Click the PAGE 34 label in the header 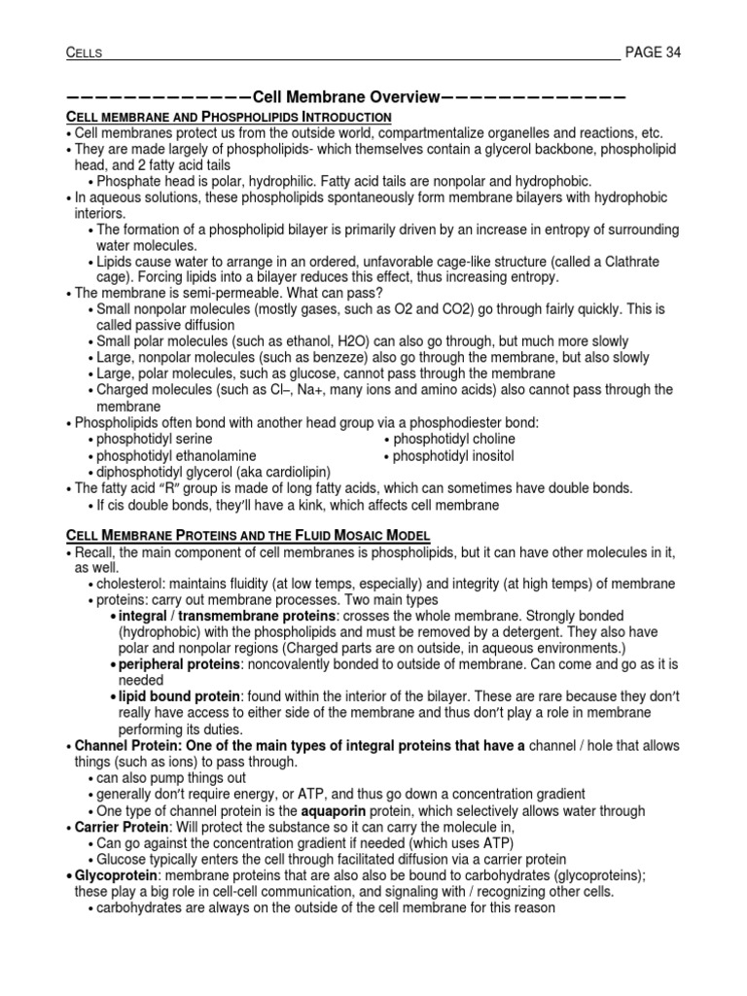click(x=653, y=53)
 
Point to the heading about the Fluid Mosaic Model click(x=247, y=536)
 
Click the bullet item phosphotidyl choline click(x=453, y=439)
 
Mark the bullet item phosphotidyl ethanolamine click(x=176, y=455)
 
